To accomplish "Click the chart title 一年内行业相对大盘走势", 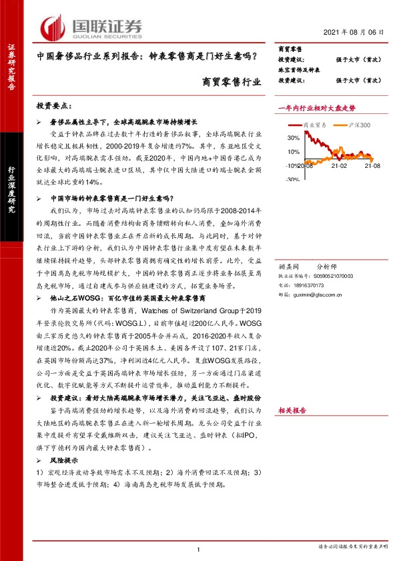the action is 316,107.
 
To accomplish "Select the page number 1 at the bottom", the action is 199,549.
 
